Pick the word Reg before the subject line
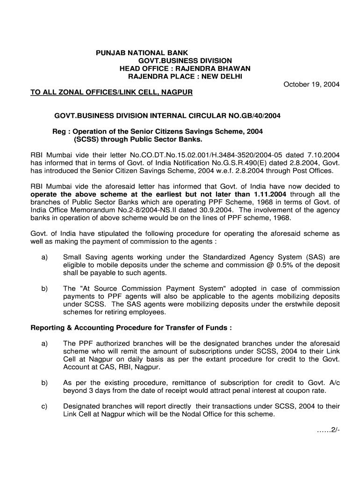click(58, 131)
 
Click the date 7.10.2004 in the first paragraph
click(324, 154)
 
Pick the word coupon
click(295, 391)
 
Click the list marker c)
click(44, 406)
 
